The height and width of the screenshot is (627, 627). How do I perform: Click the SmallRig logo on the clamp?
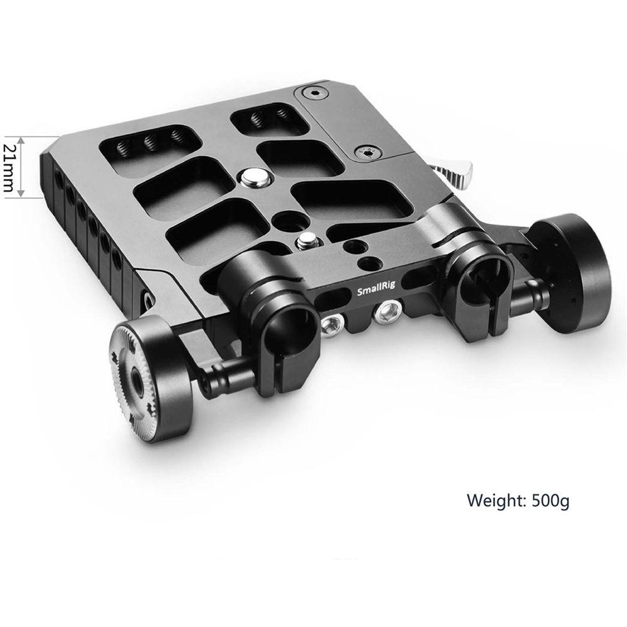click(x=376, y=288)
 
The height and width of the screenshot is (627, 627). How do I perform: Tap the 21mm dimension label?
click(x=8, y=167)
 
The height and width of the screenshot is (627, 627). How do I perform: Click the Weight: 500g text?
click(x=518, y=500)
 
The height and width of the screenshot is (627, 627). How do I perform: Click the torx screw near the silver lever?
click(x=367, y=152)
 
